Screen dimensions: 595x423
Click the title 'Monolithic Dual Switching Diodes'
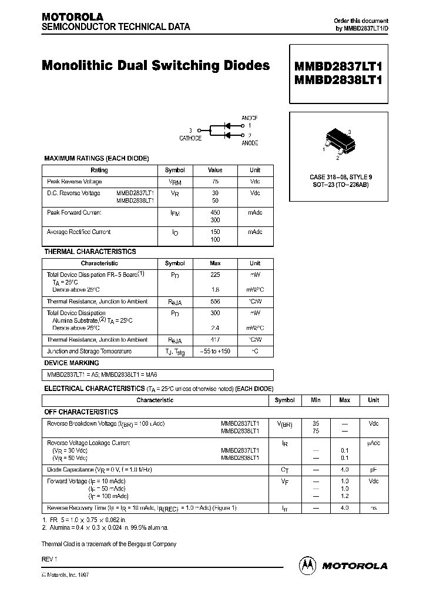tap(156, 66)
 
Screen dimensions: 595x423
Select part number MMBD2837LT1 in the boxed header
tap(337, 65)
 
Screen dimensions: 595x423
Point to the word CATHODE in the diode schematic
tap(190, 138)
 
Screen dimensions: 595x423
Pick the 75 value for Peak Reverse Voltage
tap(215, 182)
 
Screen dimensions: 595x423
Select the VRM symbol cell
tap(174, 182)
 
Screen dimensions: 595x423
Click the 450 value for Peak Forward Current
tap(215, 213)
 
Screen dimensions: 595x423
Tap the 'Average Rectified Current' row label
tap(79, 232)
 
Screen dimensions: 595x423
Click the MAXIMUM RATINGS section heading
tap(96, 159)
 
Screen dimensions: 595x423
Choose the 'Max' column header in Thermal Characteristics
tap(215, 263)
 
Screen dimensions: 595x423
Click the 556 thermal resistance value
tap(215, 302)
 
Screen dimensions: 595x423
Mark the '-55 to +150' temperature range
tap(215, 351)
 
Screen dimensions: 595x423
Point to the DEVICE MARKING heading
tap(72, 363)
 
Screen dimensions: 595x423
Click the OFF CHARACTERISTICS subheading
tap(81, 412)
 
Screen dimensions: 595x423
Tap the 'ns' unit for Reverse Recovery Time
tap(373, 507)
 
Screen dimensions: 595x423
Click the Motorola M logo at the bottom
tap(307, 565)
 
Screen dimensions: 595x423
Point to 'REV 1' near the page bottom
tap(49, 558)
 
